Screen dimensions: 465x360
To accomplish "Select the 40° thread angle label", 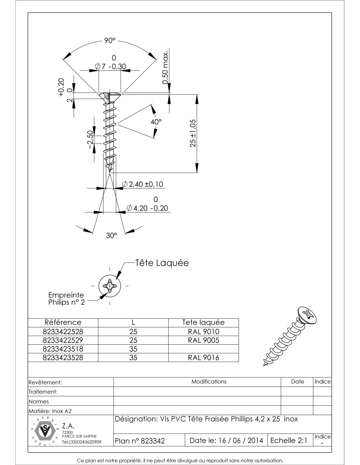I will click(x=156, y=122).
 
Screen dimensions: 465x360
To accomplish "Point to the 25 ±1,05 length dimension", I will click(x=193, y=133).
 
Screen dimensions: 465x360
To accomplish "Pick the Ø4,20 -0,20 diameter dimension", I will click(x=149, y=208).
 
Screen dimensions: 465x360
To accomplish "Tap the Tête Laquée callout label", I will click(x=162, y=263).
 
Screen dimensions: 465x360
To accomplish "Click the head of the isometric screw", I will click(x=308, y=316).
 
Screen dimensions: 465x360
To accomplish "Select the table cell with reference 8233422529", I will click(x=63, y=340).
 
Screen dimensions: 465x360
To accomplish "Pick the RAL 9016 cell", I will click(x=203, y=357).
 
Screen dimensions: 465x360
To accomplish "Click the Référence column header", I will click(x=63, y=322).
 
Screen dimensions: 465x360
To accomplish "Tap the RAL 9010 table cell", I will click(x=203, y=332).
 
